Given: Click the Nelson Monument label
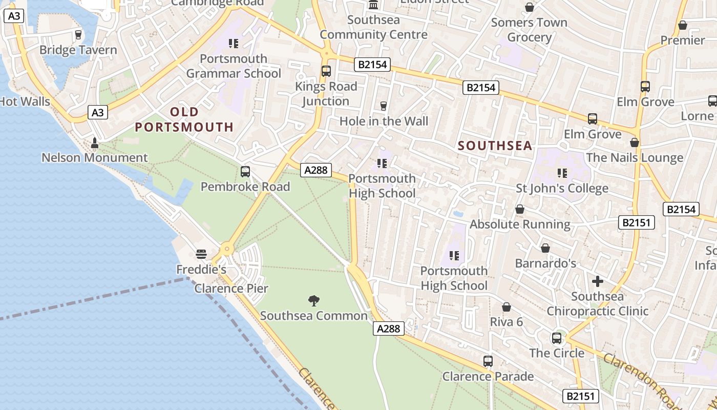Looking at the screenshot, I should (x=94, y=157).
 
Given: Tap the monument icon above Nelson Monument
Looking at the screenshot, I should (x=94, y=142).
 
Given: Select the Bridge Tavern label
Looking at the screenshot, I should (x=78, y=50).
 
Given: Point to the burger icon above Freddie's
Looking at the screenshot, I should (x=201, y=254).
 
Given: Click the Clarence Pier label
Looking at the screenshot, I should (x=231, y=288).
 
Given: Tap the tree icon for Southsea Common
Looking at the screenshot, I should (x=314, y=300).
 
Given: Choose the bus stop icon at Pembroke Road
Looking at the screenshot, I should (x=245, y=172).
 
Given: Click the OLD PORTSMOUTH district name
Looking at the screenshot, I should (x=184, y=119).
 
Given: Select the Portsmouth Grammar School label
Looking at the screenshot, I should (x=234, y=66).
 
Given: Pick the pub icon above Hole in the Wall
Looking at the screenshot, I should (x=384, y=106).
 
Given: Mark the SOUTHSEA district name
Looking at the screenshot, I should (x=495, y=146).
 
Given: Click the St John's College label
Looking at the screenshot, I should (x=562, y=188).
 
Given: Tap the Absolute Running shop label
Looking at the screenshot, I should (x=520, y=224).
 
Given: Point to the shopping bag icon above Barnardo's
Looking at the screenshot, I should (x=545, y=248).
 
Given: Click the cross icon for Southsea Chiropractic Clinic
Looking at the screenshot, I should (x=597, y=281).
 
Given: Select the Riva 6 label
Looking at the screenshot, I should (x=506, y=322).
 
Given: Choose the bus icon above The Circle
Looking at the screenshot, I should (x=557, y=338).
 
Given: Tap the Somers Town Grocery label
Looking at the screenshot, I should (x=529, y=30).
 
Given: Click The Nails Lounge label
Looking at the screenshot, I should (x=635, y=157).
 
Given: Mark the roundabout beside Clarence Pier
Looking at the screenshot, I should (x=226, y=250).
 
